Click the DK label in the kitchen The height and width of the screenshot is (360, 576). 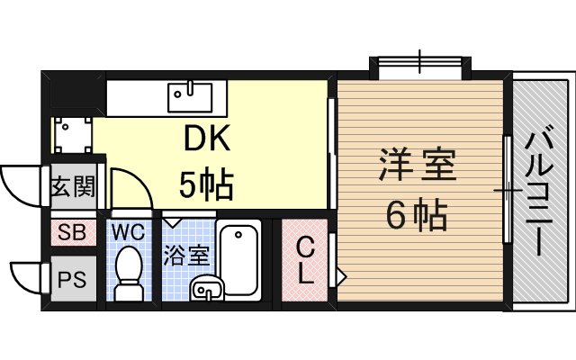point(207,138)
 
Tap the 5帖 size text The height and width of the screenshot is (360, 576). point(206,184)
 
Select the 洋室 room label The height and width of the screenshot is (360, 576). point(418,164)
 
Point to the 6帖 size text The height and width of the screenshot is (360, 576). point(417,214)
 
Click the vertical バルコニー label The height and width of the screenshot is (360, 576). point(538,190)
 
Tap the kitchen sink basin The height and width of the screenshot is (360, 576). point(190,97)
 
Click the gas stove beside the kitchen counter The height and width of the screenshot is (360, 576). point(73,135)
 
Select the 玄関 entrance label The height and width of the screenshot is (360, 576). point(73,186)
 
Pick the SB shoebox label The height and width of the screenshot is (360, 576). point(72,232)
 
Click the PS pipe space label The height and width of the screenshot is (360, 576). point(72,280)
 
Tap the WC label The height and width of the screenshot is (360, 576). point(128,232)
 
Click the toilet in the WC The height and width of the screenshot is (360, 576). point(129,274)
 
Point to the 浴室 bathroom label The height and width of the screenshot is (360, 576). point(186,255)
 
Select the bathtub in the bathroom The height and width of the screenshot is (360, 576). point(238,260)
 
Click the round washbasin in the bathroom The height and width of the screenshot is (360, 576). point(207,289)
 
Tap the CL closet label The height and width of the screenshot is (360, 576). point(305,260)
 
